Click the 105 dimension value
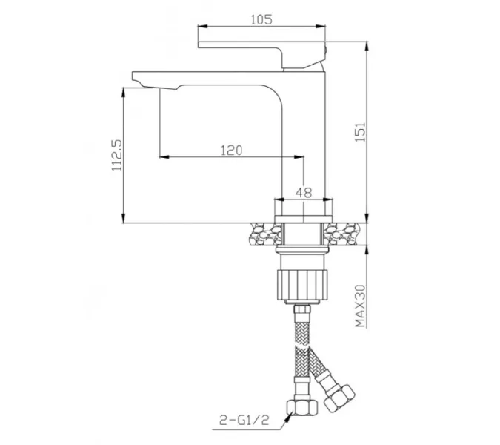[x=261, y=19]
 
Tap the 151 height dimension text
[x=361, y=132]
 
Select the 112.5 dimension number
[x=117, y=155]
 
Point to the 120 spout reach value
[x=232, y=150]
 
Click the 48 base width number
[x=303, y=193]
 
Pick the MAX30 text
[x=361, y=305]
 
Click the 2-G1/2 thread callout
[x=244, y=420]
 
